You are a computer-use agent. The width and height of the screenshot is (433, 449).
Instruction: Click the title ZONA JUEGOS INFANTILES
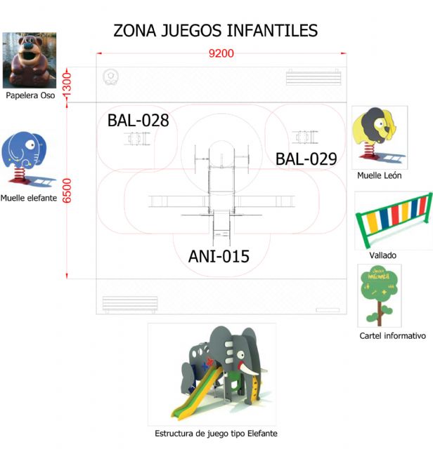coord(216,31)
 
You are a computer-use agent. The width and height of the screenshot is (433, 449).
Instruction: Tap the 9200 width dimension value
coord(221,53)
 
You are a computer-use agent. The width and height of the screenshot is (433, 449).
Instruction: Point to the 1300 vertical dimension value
coord(67,87)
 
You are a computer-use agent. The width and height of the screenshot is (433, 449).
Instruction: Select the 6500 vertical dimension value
coord(67,190)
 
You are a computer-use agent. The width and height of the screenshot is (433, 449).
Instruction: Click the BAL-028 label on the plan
coord(138,121)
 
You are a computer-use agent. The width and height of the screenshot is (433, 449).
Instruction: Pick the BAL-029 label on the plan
coord(306,159)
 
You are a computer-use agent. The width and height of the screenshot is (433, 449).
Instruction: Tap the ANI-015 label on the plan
coord(219,256)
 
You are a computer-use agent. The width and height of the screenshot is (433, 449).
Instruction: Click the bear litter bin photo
coord(30,60)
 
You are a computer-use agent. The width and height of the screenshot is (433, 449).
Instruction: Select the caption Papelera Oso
coord(30,95)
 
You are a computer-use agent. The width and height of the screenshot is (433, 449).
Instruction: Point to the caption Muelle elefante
coord(29,199)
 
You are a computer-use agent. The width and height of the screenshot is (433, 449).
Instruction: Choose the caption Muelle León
coord(379,175)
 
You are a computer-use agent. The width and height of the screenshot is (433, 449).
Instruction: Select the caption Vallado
coord(382,255)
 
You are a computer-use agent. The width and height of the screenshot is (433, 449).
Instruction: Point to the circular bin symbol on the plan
coord(110,76)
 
